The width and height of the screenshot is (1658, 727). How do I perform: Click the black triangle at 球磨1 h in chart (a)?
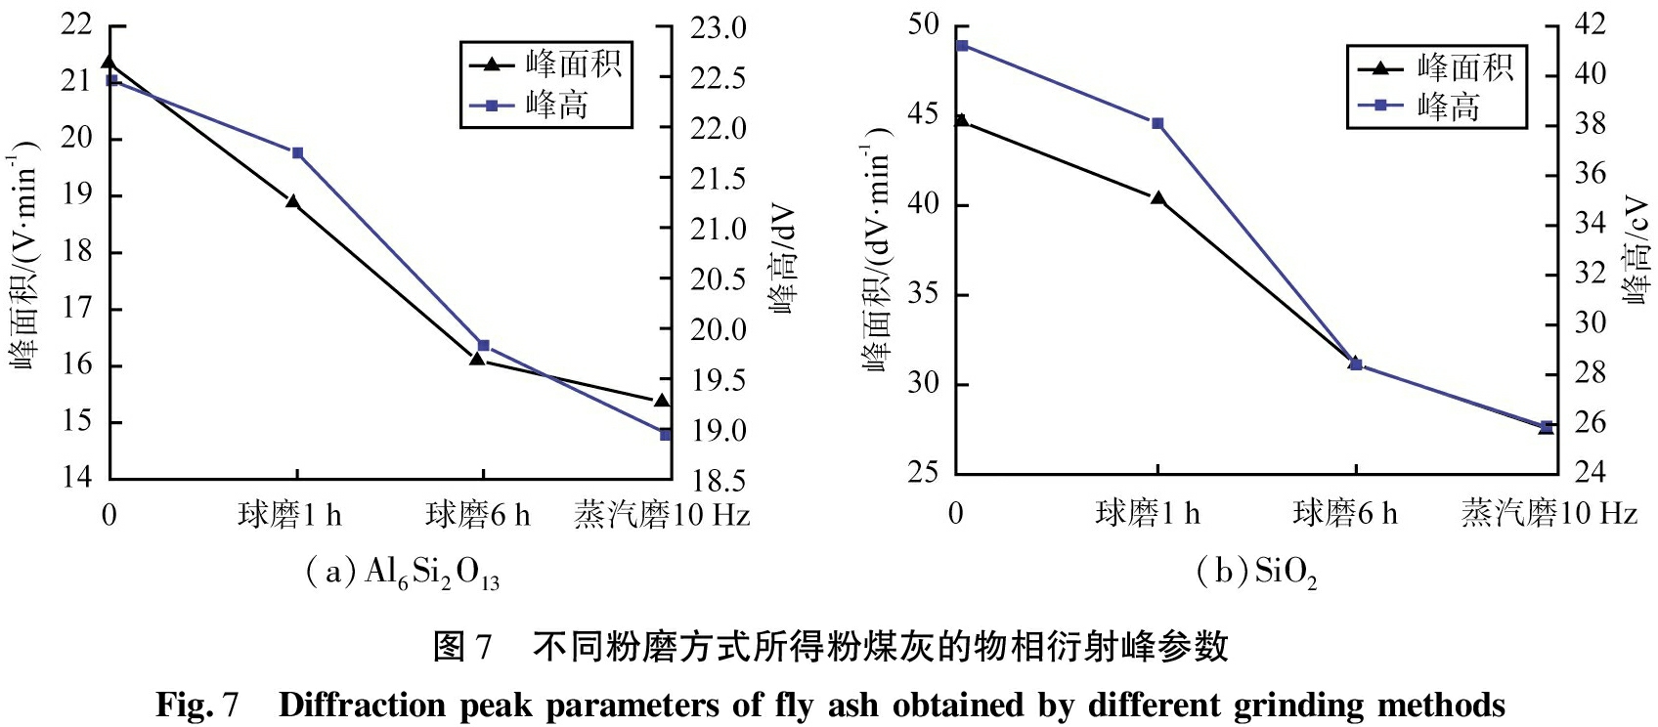click(292, 201)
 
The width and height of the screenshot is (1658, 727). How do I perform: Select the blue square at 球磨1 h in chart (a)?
click(297, 152)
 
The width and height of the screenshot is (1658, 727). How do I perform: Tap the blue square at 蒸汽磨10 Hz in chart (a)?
click(665, 434)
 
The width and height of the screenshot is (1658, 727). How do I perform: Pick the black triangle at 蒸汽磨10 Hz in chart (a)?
click(662, 401)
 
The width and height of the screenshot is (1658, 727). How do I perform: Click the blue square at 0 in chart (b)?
click(962, 46)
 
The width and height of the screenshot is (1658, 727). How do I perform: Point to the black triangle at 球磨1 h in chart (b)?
click(1158, 198)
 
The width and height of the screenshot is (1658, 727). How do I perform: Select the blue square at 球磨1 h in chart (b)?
click(1157, 124)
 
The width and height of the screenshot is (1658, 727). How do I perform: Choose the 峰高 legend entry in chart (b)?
click(1437, 106)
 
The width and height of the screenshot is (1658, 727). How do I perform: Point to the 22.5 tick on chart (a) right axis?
click(719, 78)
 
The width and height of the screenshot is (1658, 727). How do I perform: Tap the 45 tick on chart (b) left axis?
click(923, 114)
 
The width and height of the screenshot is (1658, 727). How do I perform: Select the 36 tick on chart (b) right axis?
click(1591, 174)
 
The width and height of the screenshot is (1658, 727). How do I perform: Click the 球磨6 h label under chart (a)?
click(478, 514)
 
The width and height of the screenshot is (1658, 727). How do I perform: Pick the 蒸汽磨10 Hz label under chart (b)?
click(1549, 512)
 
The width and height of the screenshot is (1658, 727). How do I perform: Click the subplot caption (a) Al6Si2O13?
click(402, 573)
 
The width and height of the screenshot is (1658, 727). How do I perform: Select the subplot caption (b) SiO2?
click(1256, 572)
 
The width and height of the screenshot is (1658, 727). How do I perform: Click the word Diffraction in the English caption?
click(363, 705)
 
